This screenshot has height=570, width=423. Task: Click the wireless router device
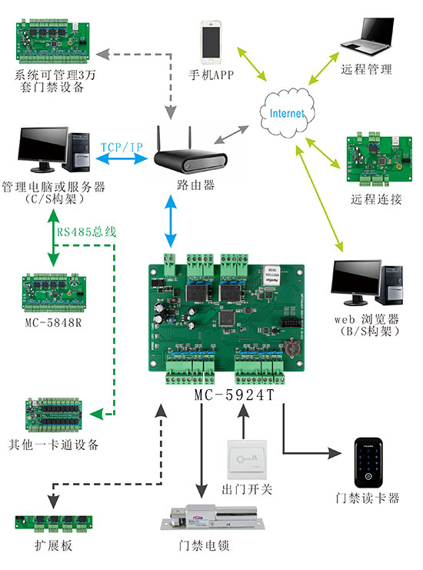click(190, 158)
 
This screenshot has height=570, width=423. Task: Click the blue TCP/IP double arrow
click(120, 158)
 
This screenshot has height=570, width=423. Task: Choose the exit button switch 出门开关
click(247, 462)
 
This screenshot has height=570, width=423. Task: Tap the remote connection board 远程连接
click(375, 159)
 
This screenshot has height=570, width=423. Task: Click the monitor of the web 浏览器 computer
click(358, 283)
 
